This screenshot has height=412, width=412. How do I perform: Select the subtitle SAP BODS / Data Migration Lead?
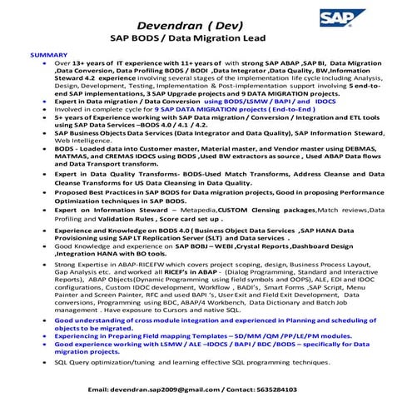coord(206,39)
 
